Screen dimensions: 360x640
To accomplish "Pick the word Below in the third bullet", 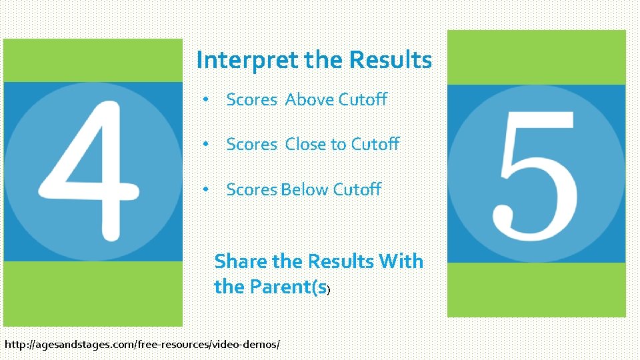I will [305, 190].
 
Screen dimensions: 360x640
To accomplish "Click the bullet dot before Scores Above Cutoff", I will [207, 100].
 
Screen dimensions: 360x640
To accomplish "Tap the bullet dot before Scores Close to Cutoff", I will [207, 145].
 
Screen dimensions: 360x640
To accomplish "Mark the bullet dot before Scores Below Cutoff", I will [207, 190].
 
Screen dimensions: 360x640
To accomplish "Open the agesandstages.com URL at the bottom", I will [142, 345].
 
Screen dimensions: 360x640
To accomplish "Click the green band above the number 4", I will [93, 60].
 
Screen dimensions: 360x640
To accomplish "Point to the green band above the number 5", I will [537, 57].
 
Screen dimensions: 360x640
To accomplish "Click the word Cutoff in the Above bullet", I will [363, 100].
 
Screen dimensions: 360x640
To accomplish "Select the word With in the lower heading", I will [401, 261].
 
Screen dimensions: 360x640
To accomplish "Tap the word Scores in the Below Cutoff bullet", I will [251, 190].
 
